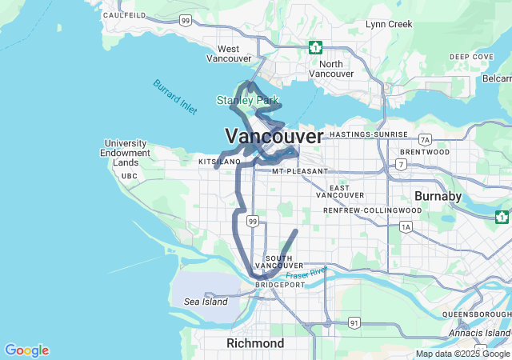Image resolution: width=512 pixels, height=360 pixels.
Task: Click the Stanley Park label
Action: [247, 100]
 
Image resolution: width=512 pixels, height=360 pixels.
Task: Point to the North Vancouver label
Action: [330, 69]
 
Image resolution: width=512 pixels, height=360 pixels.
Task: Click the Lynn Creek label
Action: [389, 24]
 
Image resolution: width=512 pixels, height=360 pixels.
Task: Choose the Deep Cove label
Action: [471, 57]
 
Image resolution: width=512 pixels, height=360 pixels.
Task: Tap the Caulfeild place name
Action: [123, 15]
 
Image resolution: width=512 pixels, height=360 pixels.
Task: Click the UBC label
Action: [129, 175]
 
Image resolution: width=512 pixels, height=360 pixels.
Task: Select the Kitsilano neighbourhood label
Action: [219, 162]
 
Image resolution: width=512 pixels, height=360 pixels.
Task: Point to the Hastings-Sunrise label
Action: [368, 134]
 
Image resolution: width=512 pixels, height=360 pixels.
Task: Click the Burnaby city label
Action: [438, 196]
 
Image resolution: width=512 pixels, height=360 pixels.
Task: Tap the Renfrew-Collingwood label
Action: [372, 210]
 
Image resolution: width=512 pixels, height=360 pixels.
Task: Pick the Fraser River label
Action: [307, 274]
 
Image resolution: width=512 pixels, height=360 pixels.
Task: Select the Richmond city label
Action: [255, 343]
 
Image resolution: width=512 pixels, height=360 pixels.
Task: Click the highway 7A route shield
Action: [425, 139]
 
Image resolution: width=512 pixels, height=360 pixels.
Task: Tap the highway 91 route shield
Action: [354, 322]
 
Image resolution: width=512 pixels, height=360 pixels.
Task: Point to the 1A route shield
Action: [406, 227]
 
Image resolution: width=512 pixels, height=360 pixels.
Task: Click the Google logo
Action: [26, 350]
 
